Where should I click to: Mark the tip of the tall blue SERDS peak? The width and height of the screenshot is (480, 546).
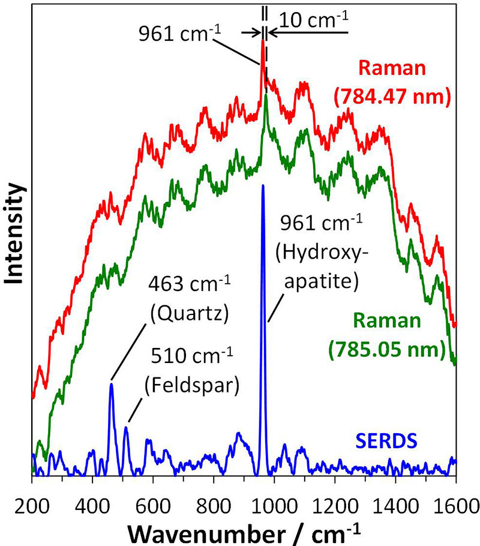[263, 186]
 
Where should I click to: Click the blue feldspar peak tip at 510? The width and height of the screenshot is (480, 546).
[126, 427]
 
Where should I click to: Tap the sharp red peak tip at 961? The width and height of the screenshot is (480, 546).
[263, 41]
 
